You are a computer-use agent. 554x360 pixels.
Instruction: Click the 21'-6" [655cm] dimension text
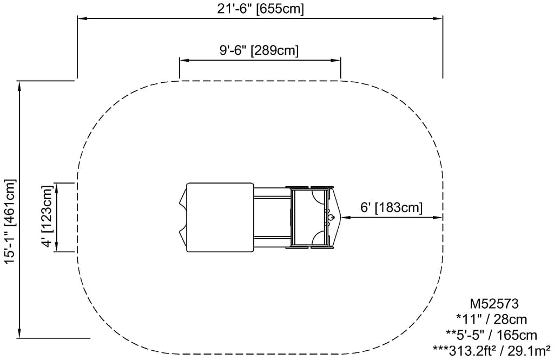pos(260,9)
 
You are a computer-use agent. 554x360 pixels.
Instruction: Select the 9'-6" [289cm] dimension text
pos(259,50)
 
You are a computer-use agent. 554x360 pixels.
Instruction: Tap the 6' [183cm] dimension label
pos(391,207)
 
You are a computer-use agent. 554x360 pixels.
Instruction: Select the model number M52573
pos(494,304)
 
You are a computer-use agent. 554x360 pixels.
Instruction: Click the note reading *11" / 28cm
pos(491,319)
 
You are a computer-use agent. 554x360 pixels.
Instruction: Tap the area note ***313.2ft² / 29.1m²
pos(491,350)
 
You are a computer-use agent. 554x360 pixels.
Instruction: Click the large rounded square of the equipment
pos(220,217)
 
